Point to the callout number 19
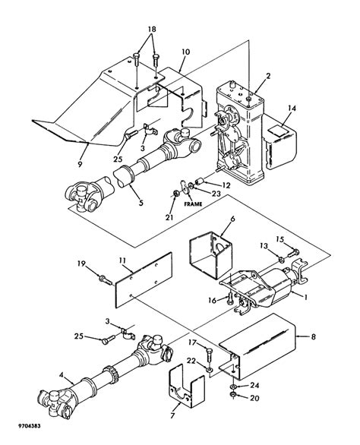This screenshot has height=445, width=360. click(81, 264)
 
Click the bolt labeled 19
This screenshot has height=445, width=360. click(102, 279)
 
